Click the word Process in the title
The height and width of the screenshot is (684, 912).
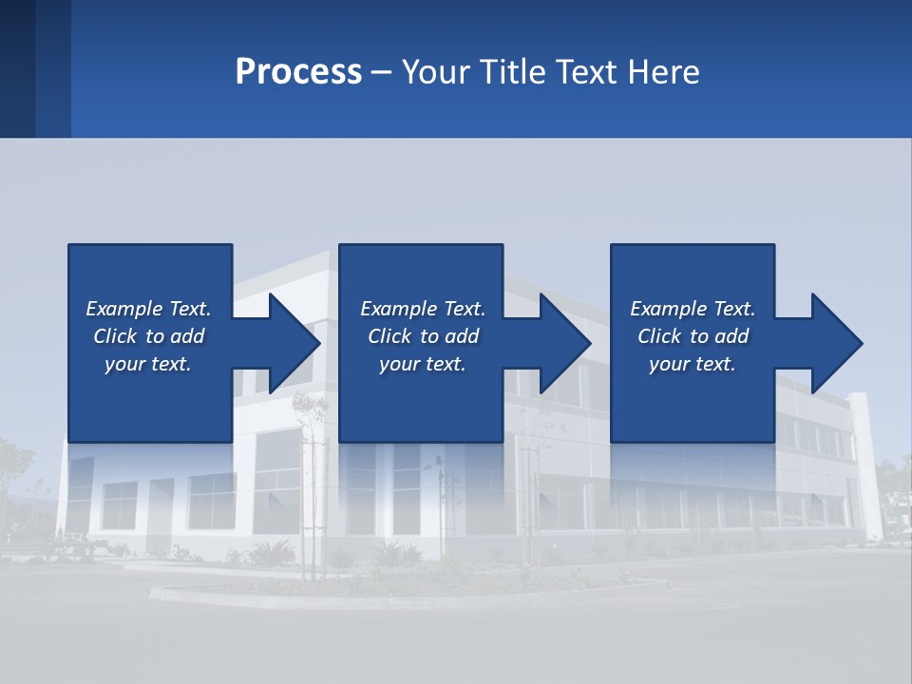(x=298, y=72)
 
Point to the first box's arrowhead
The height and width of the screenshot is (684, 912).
(x=294, y=343)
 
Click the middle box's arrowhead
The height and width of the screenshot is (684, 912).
(x=565, y=343)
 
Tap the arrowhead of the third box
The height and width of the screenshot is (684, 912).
(x=836, y=343)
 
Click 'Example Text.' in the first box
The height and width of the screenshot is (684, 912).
(x=148, y=309)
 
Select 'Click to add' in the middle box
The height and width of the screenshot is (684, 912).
(x=423, y=336)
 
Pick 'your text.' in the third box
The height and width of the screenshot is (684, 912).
(x=692, y=364)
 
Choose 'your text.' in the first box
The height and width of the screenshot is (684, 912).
(x=148, y=364)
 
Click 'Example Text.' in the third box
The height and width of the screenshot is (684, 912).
(x=693, y=309)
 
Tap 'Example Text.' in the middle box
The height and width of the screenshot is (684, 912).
(x=423, y=309)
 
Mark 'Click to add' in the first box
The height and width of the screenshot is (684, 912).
(x=148, y=336)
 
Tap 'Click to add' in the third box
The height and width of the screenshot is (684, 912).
(x=693, y=336)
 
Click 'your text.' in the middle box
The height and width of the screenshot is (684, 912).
(x=423, y=364)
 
